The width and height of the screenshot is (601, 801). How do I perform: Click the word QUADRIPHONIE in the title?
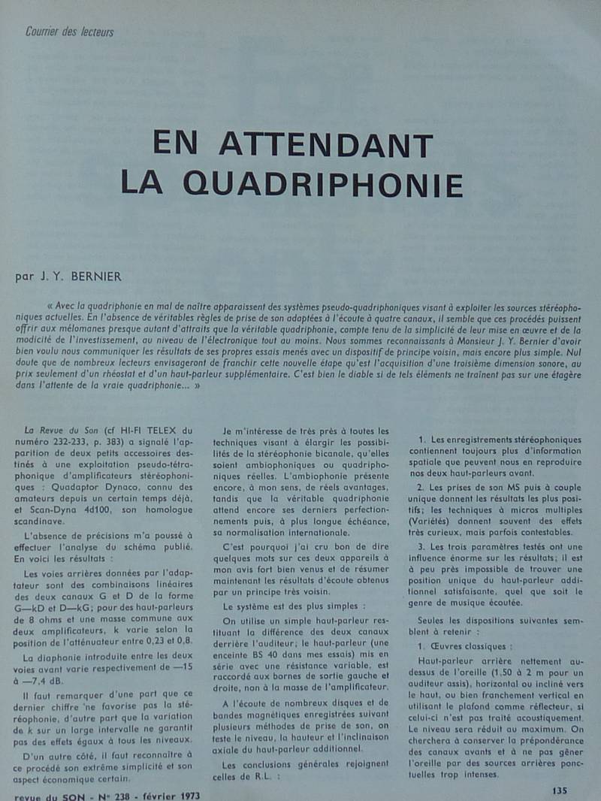[x=323, y=183]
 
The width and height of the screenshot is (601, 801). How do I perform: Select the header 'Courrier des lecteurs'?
[x=69, y=32]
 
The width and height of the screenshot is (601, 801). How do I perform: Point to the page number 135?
[x=560, y=790]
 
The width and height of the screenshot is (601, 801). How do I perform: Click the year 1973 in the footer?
[x=185, y=795]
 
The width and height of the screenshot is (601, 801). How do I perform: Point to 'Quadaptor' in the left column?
[x=53, y=486]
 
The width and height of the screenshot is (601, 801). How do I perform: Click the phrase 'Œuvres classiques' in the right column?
[x=469, y=646]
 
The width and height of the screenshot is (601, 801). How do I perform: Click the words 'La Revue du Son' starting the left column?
[x=56, y=431]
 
